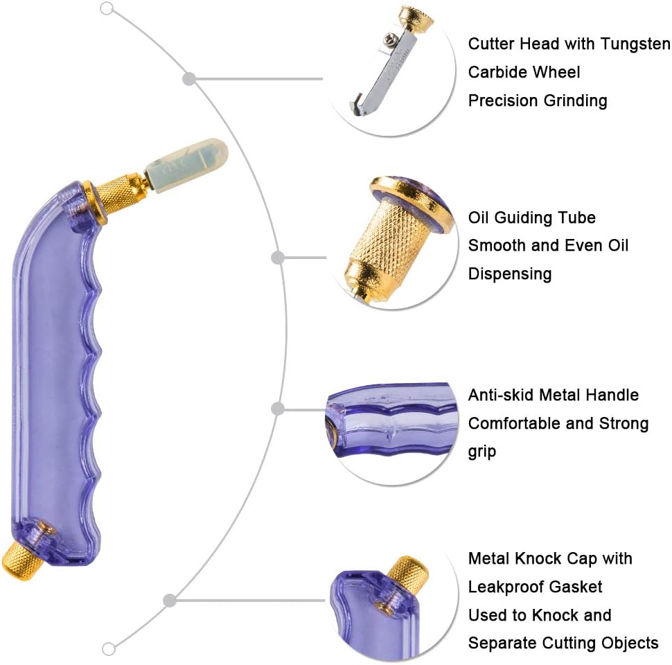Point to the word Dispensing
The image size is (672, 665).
click(510, 274)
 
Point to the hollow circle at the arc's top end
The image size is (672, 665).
click(107, 9)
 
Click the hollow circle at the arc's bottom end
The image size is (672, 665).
click(109, 649)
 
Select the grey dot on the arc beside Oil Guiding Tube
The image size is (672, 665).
click(278, 258)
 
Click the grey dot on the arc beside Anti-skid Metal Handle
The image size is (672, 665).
click(278, 409)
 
